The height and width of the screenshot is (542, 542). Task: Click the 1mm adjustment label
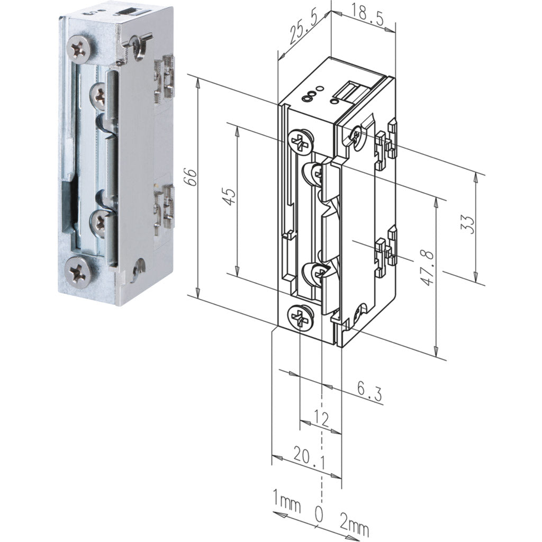(286, 501)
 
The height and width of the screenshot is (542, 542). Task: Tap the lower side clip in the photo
(164, 207)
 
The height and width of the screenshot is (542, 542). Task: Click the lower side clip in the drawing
(386, 248)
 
